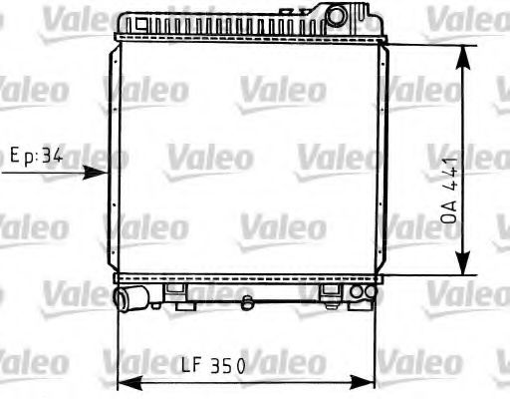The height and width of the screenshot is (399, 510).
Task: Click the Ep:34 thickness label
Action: click(x=36, y=156)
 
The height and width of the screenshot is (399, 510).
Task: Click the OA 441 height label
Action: click(x=449, y=190)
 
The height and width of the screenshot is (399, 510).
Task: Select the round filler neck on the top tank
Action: click(x=339, y=14)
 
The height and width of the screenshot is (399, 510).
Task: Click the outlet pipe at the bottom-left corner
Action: click(x=127, y=297)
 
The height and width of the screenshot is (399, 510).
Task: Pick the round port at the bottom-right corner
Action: click(x=366, y=292)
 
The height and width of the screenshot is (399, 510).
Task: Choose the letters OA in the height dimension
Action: click(x=449, y=208)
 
